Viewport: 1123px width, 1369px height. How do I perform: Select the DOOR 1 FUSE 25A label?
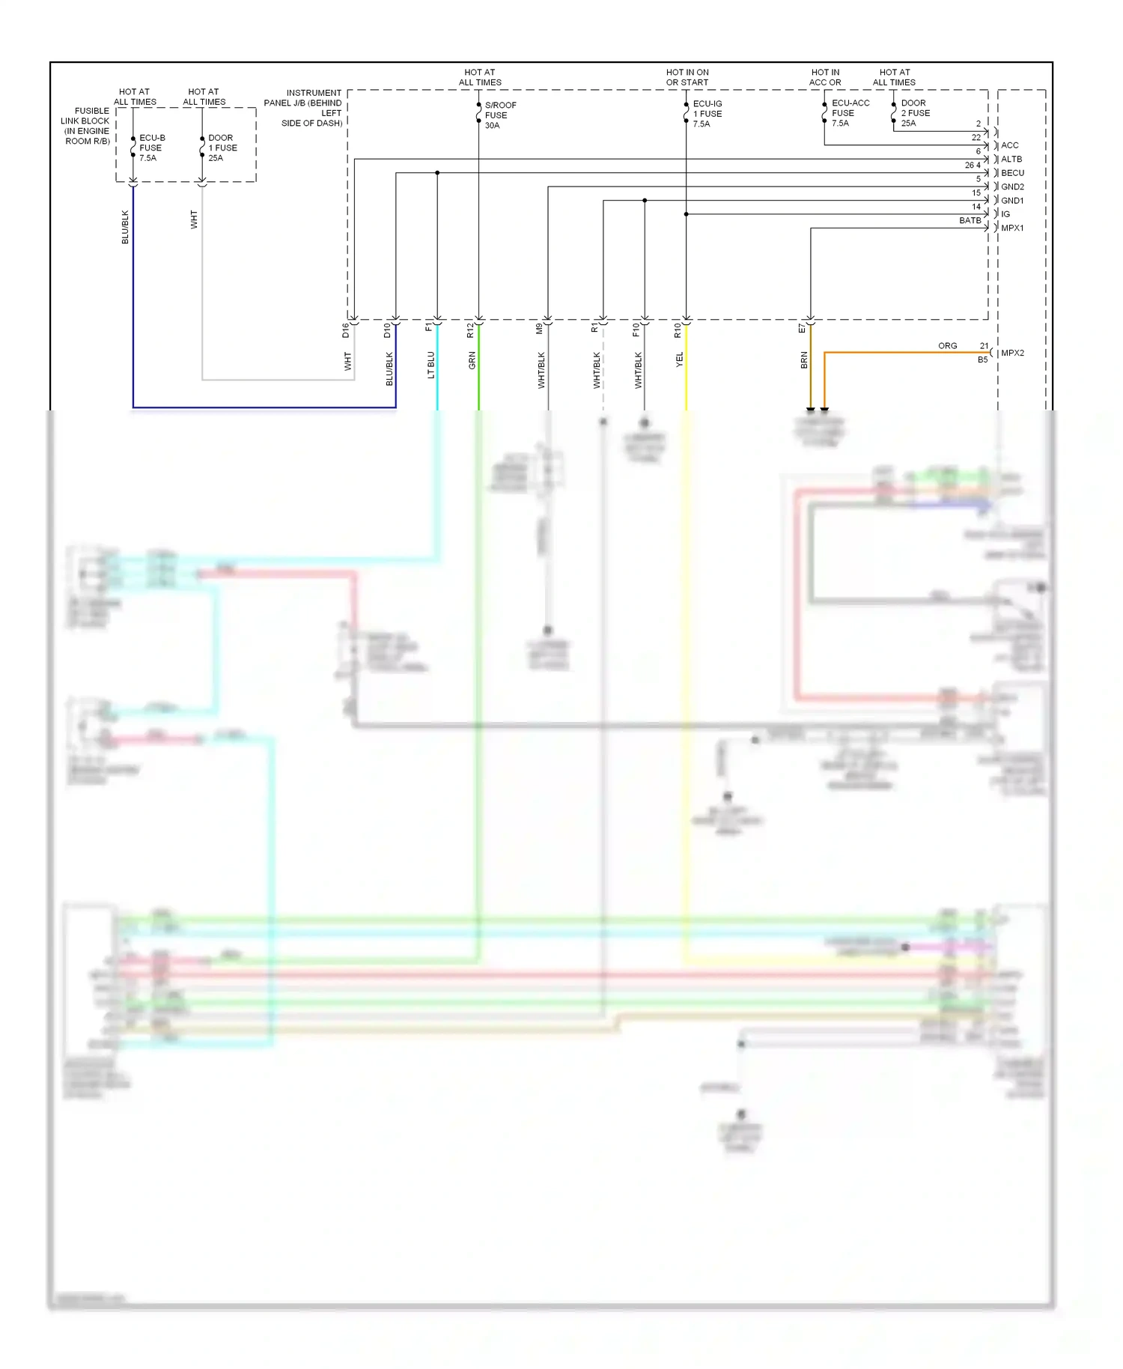(222, 148)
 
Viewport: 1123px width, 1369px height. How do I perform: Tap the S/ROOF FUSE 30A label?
(499, 115)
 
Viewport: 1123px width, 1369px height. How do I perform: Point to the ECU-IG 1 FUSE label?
(707, 114)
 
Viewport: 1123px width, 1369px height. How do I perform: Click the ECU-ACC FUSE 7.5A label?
(850, 113)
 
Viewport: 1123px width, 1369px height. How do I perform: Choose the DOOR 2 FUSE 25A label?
(915, 113)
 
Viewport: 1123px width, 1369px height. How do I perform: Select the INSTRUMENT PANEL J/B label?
(304, 108)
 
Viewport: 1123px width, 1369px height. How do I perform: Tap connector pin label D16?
(346, 330)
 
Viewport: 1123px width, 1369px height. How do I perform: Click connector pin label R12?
(470, 330)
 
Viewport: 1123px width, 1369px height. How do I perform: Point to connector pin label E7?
(802, 329)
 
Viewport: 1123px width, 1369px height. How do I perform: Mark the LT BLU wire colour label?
(431, 365)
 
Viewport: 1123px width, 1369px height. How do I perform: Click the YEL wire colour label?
(680, 359)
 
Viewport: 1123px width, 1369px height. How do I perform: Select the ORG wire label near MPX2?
(947, 346)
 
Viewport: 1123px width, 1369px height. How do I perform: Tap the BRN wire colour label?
(804, 360)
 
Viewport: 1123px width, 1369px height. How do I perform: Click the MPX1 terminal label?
(1012, 228)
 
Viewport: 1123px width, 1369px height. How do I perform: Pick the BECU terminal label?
(1012, 173)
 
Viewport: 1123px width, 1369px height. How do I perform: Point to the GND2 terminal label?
(1012, 186)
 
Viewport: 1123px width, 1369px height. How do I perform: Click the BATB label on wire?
(970, 220)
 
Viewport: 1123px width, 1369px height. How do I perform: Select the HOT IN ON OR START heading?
(687, 77)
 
